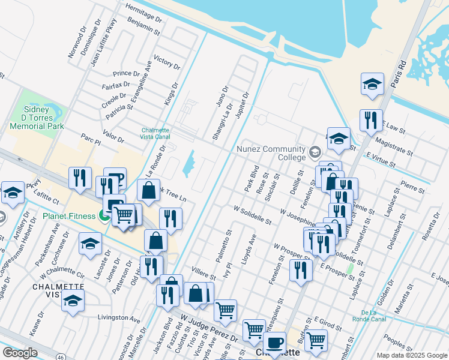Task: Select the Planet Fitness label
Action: point(70,216)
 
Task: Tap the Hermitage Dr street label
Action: point(144,11)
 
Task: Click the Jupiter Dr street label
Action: point(242,106)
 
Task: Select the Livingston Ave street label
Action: point(118,317)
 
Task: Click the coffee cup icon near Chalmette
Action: point(274,343)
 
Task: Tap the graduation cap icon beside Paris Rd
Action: point(372,85)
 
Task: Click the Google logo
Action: point(20,353)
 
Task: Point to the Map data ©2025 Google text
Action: point(411,355)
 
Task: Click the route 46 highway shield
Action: point(61,357)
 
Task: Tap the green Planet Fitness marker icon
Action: point(104,216)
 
